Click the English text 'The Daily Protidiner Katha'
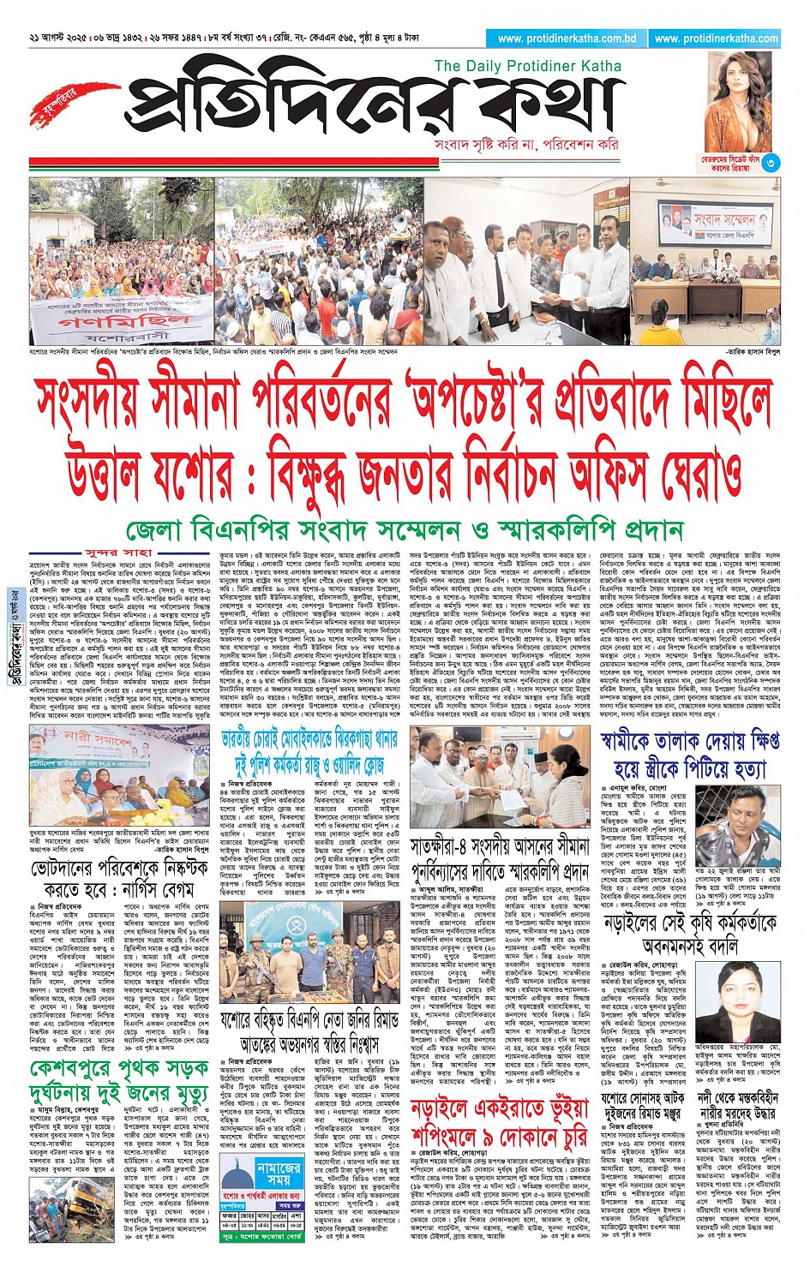pyautogui.click(x=528, y=66)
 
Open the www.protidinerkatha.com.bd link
pyautogui.click(x=567, y=39)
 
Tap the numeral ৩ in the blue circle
pyautogui.click(x=771, y=162)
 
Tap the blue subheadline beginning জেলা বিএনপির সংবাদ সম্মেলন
pyautogui.click(x=404, y=529)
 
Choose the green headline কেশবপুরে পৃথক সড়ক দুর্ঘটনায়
pyautogui.click(x=119, y=1081)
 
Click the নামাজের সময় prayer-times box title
pyautogui.click(x=255, y=1173)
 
